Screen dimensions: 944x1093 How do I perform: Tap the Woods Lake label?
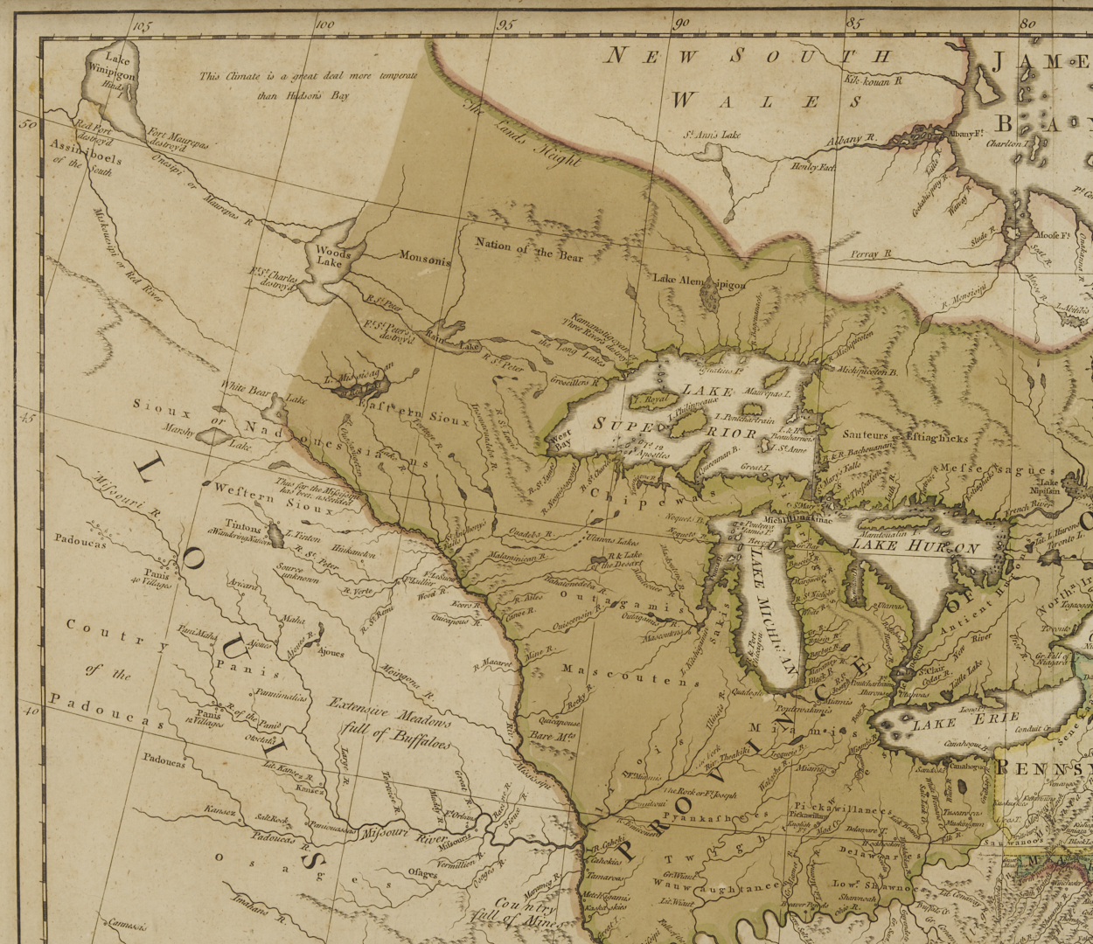coord(332,256)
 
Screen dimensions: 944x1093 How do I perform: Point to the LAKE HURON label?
coord(915,547)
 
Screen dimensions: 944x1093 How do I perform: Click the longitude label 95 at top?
coord(505,24)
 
